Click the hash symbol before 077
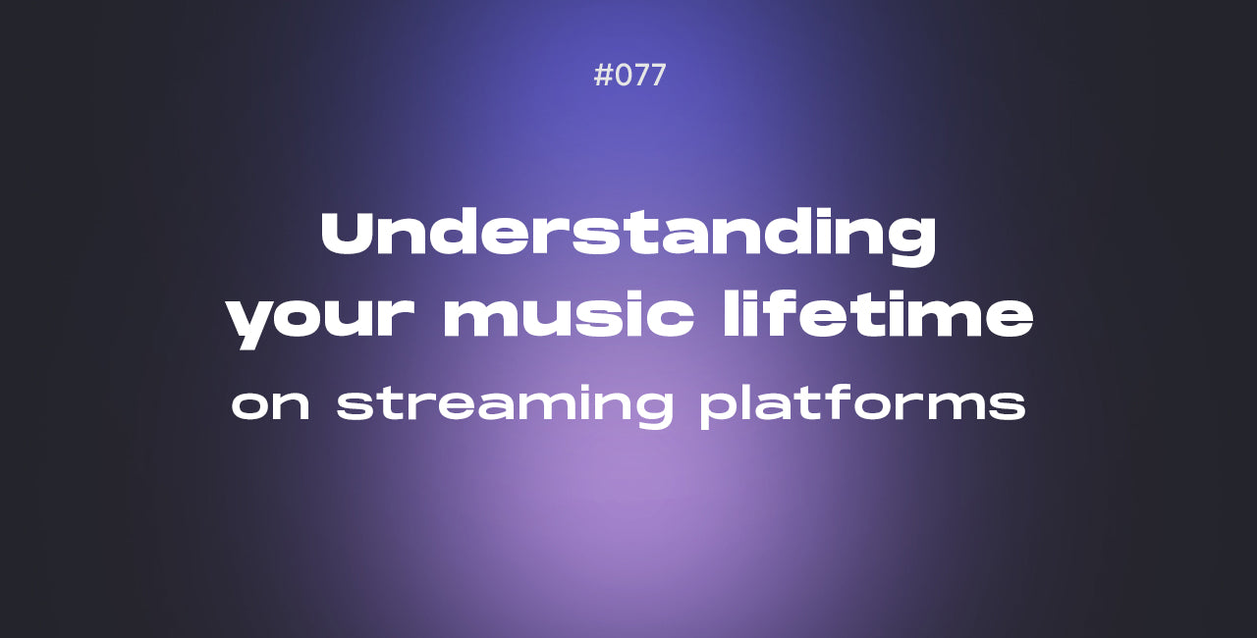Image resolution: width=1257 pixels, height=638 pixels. point(603,76)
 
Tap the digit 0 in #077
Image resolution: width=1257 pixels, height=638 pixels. point(623,76)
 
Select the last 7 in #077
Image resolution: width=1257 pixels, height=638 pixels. point(657,76)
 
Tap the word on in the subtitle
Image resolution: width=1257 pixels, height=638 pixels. point(270,404)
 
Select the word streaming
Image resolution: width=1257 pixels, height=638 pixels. point(505,404)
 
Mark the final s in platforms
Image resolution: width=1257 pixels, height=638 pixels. point(1007,404)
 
